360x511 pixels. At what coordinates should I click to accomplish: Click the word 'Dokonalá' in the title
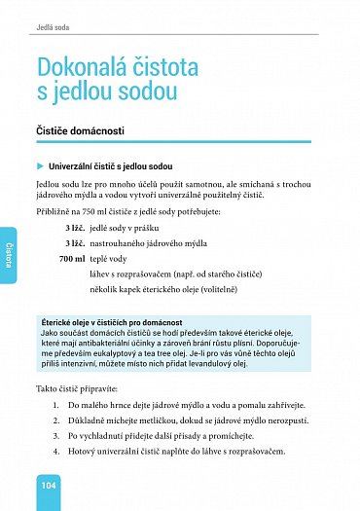80,67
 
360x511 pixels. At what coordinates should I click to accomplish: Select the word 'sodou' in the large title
146,94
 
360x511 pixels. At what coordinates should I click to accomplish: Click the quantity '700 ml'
73,260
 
